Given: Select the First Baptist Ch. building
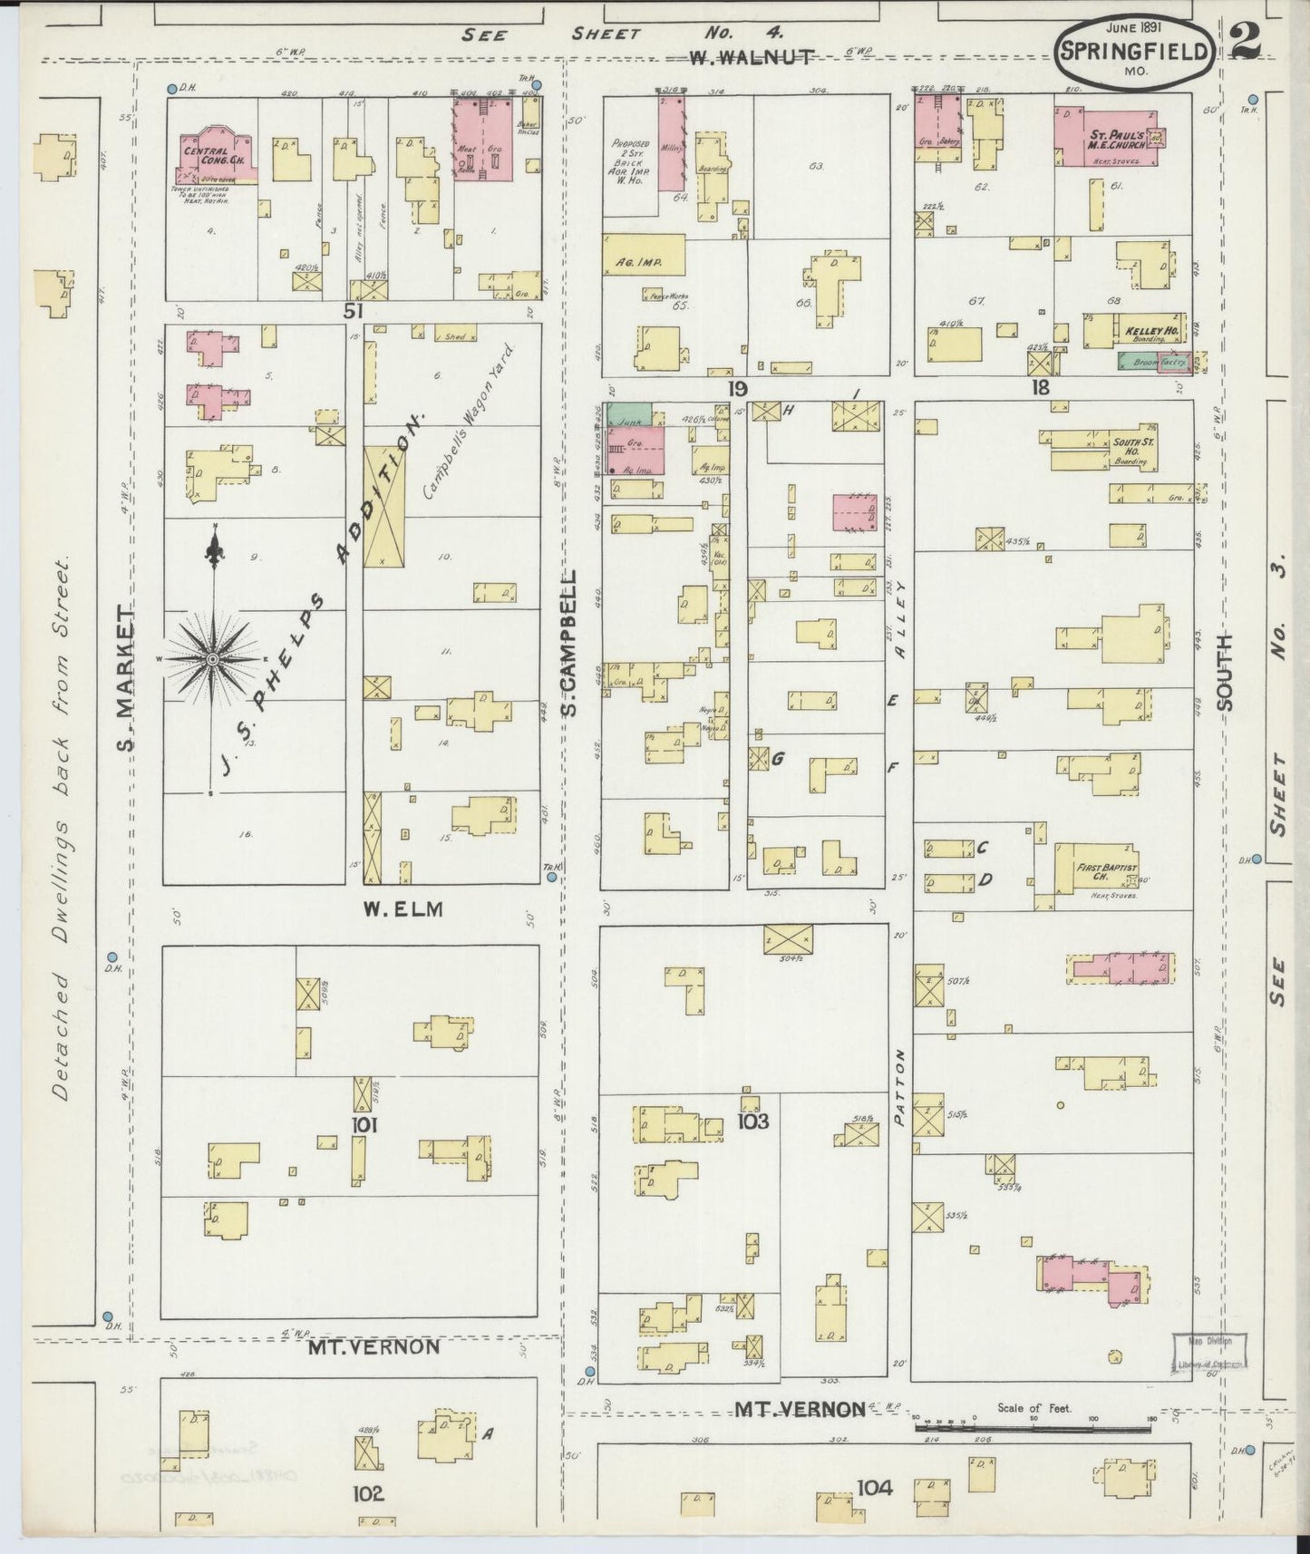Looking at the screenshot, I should tap(1098, 869).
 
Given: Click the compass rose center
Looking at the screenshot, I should tap(212, 658).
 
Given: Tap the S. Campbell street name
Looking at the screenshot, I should tap(571, 643).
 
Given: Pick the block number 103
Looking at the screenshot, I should tap(752, 1122).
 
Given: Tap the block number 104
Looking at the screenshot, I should tap(874, 1487).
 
